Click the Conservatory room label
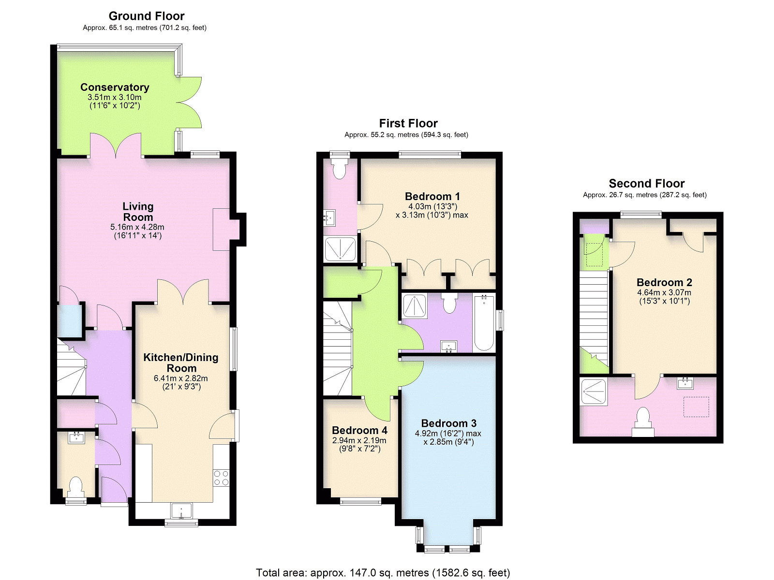(115, 87)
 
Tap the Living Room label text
(138, 211)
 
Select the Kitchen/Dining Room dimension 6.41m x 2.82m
(181, 378)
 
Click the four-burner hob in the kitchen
(222, 478)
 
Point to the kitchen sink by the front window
(181, 511)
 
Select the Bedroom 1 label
(432, 196)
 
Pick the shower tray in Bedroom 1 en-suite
(340, 249)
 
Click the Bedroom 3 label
(448, 423)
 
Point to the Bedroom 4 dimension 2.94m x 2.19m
(359, 440)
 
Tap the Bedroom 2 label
(664, 282)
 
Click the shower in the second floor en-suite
(594, 391)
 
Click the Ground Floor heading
(147, 16)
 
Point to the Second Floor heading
(647, 184)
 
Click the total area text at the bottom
(383, 573)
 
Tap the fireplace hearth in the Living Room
(222, 230)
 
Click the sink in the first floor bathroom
(449, 346)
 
